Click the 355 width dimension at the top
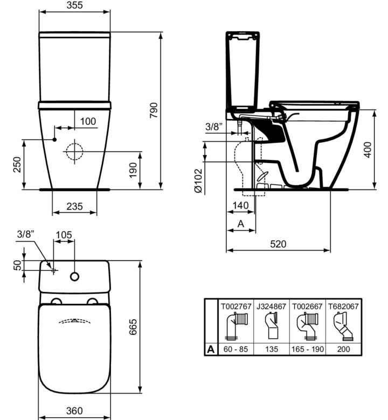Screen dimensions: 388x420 [74, 5]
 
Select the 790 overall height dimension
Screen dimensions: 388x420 [154, 110]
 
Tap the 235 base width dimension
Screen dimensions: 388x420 [74, 207]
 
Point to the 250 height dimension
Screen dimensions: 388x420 [17, 164]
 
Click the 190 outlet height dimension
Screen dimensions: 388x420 [133, 170]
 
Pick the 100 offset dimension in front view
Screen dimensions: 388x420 [88, 121]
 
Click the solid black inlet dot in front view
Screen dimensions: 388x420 [54, 139]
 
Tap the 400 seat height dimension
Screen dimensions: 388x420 [368, 150]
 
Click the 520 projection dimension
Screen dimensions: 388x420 [278, 244]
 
